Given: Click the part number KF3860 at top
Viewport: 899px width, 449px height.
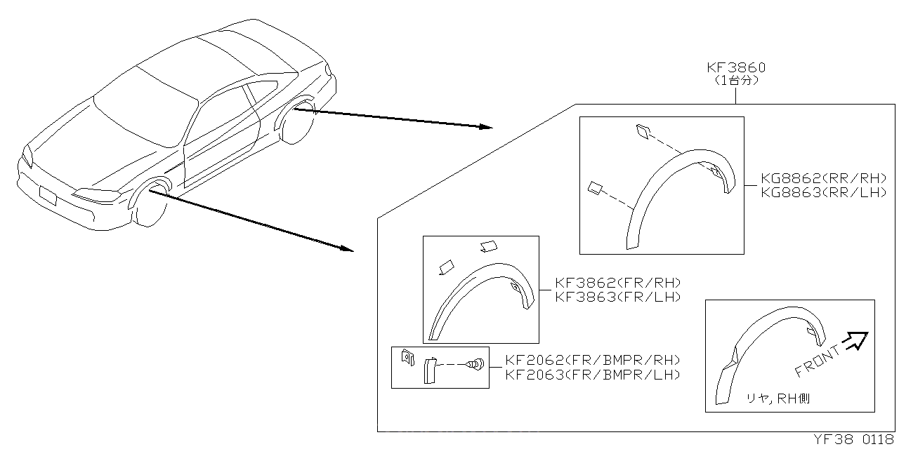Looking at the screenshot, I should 735,68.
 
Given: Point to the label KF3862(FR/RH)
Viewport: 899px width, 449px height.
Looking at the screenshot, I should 618,283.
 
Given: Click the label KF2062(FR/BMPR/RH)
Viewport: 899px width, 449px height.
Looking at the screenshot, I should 593,361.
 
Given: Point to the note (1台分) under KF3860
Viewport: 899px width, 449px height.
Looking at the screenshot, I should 735,81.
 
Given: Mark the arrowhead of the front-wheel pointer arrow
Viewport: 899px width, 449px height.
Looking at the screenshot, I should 346,248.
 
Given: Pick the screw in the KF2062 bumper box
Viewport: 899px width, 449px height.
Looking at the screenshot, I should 476,364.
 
